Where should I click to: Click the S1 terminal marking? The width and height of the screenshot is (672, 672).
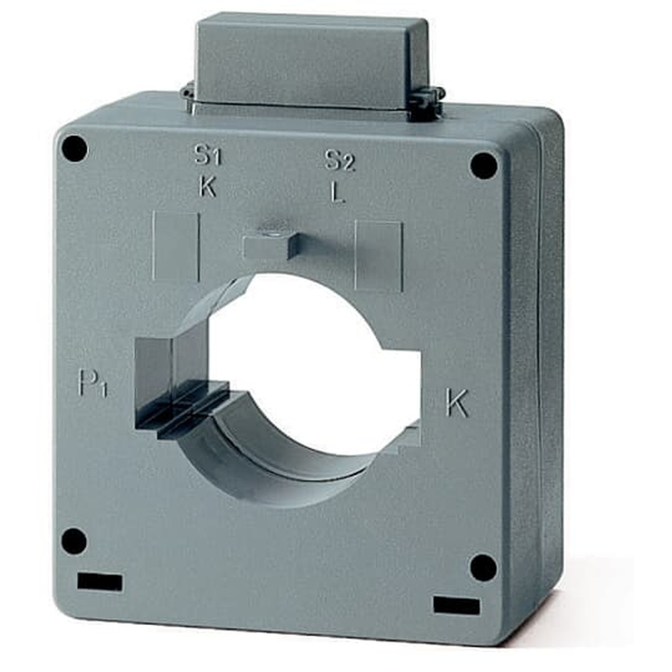pos(208,156)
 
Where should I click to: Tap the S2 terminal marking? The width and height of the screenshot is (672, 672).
pos(340,160)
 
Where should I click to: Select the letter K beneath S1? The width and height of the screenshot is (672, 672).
pos(208,187)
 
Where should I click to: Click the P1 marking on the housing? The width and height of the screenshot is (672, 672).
pos(93,384)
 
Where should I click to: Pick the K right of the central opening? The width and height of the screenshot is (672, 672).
pos(457,403)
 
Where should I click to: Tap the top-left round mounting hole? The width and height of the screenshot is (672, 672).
pos(75,149)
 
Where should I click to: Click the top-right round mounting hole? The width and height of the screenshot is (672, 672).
pos(484,165)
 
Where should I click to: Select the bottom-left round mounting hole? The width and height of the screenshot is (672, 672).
pos(74,541)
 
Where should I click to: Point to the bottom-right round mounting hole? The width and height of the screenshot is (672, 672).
pos(483,568)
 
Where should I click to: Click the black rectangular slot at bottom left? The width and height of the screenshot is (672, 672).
pos(99,582)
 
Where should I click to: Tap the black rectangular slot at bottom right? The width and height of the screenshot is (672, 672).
pos(457,605)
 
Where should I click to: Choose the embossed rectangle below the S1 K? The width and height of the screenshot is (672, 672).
pos(175,246)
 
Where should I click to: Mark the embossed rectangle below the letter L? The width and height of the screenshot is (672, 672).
pos(378,255)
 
